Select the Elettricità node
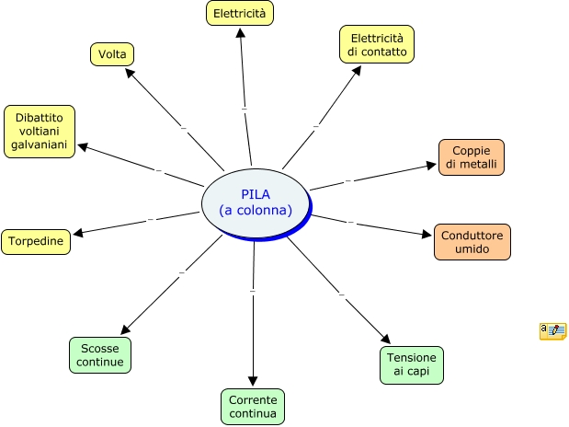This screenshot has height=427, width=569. point(239,14)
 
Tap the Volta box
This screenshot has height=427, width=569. point(112,53)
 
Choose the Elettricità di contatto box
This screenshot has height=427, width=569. point(377,44)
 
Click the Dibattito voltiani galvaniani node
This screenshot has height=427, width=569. point(40,131)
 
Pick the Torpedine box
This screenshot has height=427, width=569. point(36,242)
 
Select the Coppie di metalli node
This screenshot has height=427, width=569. point(472,157)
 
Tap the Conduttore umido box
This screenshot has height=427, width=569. point(472,242)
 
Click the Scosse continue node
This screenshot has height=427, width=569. point(100,354)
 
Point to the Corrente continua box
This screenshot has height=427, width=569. point(253,407)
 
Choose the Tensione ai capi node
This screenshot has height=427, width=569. point(411,364)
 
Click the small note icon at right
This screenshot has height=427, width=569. point(552,331)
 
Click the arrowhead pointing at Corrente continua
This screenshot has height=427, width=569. point(253,381)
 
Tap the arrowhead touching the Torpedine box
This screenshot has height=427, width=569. point(78,233)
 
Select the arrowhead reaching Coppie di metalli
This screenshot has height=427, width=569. point(431,167)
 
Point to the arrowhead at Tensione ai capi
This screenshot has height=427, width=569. point(386,340)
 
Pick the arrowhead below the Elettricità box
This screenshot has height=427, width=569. point(240,33)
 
